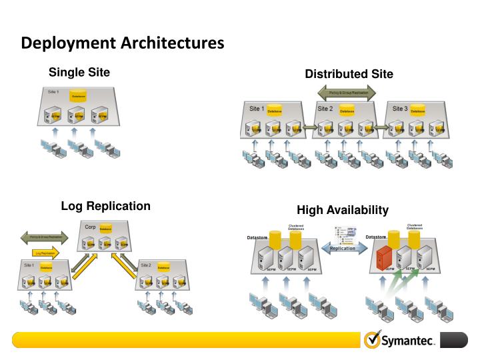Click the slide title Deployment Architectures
click(x=122, y=43)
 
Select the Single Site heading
click(x=79, y=71)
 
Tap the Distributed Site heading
click(x=349, y=73)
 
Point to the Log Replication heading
click(x=105, y=206)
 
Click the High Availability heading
click(x=342, y=210)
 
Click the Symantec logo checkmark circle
click(x=372, y=340)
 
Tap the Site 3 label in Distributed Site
click(x=400, y=108)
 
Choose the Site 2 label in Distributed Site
click(x=325, y=108)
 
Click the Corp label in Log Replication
click(x=91, y=228)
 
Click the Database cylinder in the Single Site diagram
click(x=79, y=97)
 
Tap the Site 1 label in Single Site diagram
click(x=54, y=91)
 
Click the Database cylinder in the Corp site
click(x=105, y=229)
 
